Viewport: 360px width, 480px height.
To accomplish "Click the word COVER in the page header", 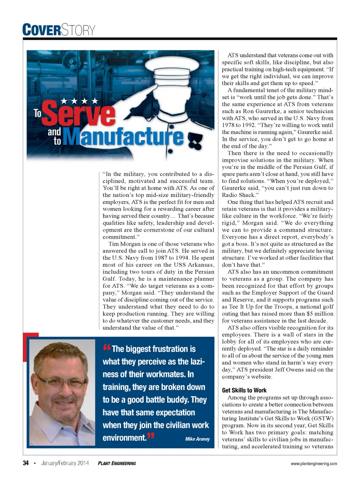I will (41, 30).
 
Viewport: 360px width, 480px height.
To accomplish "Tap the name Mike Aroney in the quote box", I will (197, 439).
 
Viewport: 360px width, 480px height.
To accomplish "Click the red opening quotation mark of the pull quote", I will (106, 348).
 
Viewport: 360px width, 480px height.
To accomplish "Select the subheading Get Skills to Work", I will (244, 390).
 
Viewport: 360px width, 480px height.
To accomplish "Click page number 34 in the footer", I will (25, 463).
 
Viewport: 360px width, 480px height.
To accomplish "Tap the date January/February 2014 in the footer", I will (65, 463).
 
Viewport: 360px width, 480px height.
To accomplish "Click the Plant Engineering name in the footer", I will (117, 463).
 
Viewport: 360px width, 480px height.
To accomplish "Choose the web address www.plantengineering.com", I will (314, 463).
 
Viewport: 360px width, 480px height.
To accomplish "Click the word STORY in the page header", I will (78, 30).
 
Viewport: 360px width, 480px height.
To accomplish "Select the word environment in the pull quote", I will (124, 438).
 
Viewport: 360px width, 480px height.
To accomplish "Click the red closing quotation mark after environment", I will (150, 436).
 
